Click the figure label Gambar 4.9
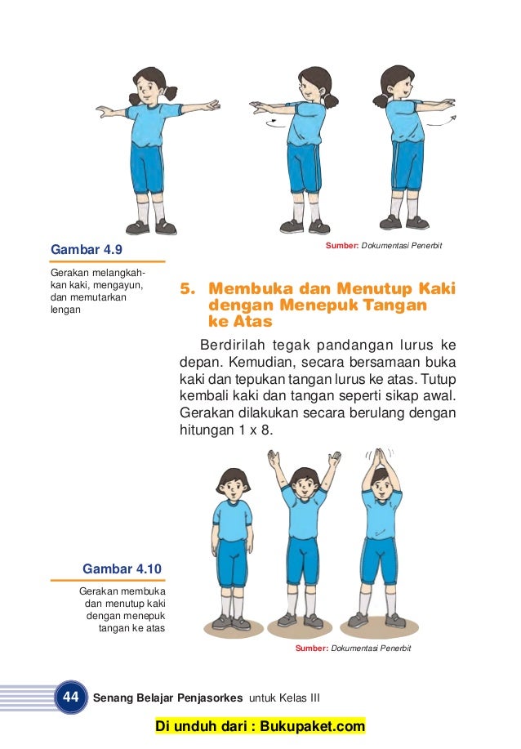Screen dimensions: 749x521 pos(87,248)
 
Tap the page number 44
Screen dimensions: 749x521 pos(70,697)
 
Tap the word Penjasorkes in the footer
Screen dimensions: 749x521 pos(204,698)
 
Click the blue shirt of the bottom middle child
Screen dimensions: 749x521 pos(304,511)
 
